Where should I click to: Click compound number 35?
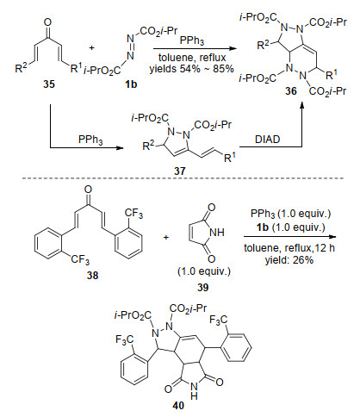coord(49,84)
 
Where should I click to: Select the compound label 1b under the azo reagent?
coord(131,84)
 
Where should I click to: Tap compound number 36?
coord(290,91)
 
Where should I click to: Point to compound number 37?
coord(179,171)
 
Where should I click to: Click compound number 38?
coord(92,276)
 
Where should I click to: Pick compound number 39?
coord(203,287)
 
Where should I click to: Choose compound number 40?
coord(178,405)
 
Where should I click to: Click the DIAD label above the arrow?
coord(267,140)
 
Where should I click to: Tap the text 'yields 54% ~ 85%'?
coord(191,69)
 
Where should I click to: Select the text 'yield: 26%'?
coord(289,260)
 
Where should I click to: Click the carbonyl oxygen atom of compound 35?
coord(48,22)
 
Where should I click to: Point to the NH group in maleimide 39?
coord(217,232)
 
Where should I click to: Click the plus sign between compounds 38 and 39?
coord(166,238)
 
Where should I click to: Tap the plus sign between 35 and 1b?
coord(91,47)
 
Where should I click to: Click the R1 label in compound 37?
coord(230,157)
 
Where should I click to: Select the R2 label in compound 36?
coord(263,45)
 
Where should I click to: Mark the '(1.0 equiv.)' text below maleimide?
coord(204,271)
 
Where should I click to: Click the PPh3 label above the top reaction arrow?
coord(192,40)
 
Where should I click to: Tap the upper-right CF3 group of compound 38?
coord(133,214)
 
